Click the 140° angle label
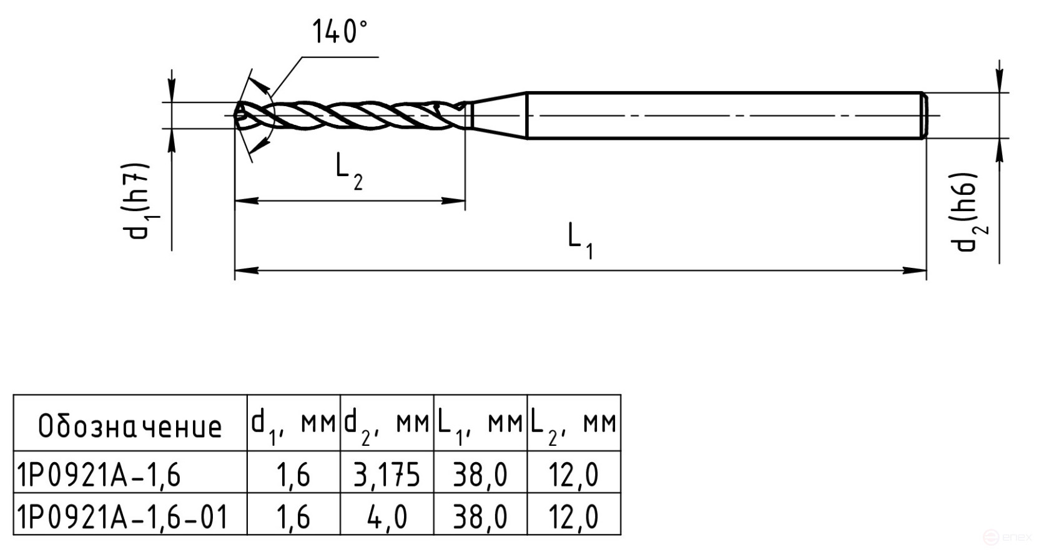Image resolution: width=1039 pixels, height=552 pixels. tap(339, 32)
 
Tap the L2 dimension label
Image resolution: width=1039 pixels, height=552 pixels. tap(347, 172)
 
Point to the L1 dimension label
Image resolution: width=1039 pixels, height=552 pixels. tap(579, 240)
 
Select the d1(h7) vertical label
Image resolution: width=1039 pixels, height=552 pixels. tap(137, 201)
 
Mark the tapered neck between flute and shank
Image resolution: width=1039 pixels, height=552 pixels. tap(498, 115)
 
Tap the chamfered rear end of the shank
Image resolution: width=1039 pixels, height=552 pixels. tap(924, 116)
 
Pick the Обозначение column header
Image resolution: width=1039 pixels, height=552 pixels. tap(130, 426)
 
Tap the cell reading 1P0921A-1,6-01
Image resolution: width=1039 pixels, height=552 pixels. tap(122, 516)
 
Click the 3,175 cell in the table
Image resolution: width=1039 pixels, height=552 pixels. tap(387, 475)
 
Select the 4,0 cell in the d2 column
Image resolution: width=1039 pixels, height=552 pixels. tap(387, 516)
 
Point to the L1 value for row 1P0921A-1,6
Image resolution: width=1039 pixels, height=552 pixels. tap(480, 475)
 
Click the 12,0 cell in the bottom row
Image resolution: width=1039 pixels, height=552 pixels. tap(573, 516)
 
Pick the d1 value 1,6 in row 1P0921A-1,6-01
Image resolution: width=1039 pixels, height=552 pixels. tap(293, 516)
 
